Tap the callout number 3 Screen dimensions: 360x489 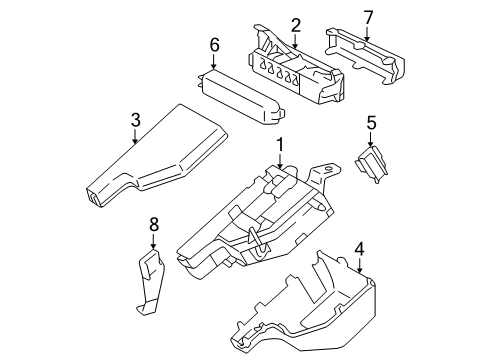[136, 121]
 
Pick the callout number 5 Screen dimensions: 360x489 [370, 123]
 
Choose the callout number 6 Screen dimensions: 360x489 [214, 44]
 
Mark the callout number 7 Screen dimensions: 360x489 [367, 16]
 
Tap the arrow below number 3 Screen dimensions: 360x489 [136, 138]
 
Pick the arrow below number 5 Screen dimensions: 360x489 [370, 140]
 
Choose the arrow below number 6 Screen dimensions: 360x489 [214, 61]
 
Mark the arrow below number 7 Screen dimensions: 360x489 [367, 33]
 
